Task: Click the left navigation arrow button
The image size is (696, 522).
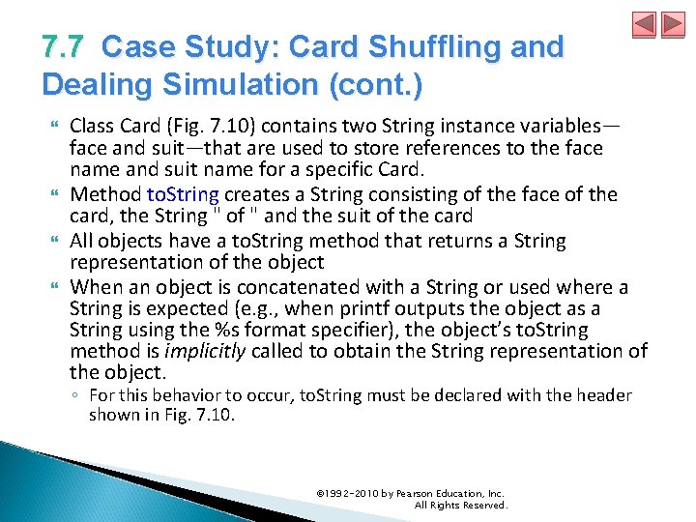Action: (x=645, y=25)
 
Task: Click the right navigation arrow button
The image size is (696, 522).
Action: (x=671, y=25)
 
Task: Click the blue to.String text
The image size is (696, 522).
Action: (x=182, y=194)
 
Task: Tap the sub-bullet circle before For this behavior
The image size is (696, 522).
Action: (x=76, y=395)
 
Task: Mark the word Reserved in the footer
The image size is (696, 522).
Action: (x=483, y=505)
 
